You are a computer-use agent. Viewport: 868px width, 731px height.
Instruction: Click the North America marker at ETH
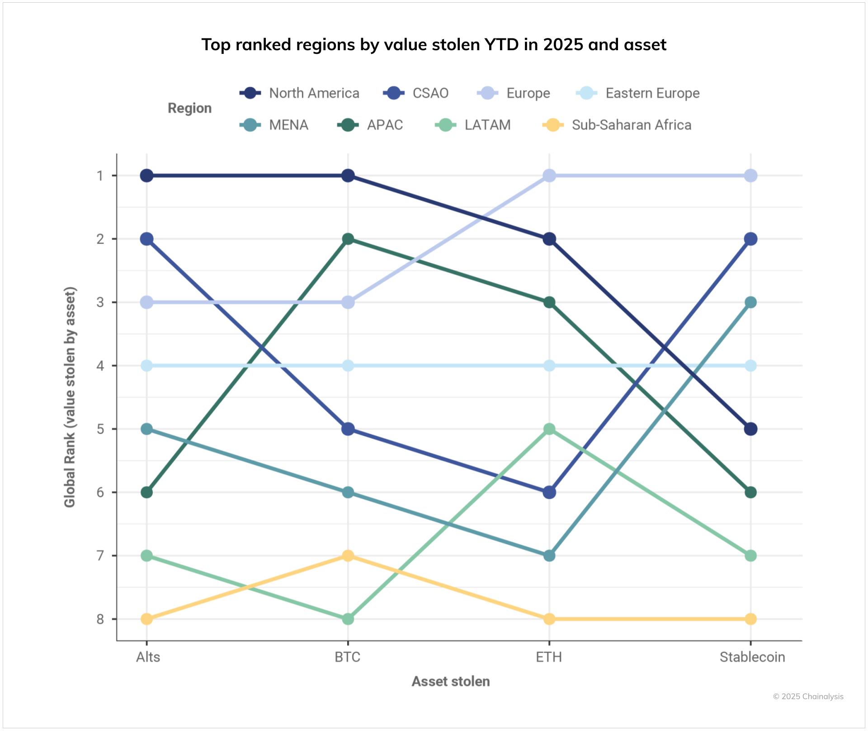click(x=549, y=239)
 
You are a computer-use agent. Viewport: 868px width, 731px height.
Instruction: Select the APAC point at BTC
click(x=348, y=239)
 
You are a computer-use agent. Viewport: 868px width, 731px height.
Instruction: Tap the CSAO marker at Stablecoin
click(x=750, y=239)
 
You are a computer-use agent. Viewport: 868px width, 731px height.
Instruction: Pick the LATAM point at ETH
click(x=549, y=429)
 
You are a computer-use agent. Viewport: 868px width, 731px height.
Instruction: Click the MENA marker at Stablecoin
click(x=750, y=302)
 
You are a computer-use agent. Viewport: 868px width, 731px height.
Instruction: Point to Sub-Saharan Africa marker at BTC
click(x=348, y=555)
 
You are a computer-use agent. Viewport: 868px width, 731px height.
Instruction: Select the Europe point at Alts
click(x=146, y=302)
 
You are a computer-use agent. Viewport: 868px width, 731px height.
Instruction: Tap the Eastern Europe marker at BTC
click(x=348, y=365)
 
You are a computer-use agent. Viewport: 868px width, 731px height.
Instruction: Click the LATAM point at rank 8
click(x=348, y=619)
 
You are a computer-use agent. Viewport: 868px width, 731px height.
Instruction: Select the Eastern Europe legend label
click(x=652, y=93)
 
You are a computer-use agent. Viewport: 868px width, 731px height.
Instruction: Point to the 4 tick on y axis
click(x=100, y=365)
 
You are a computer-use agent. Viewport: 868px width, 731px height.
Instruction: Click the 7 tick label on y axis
click(x=100, y=555)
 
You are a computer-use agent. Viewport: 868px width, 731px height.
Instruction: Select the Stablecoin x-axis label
click(x=752, y=657)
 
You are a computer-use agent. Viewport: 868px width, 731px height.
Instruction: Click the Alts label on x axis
click(x=148, y=657)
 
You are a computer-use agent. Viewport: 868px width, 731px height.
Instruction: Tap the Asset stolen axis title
click(x=450, y=681)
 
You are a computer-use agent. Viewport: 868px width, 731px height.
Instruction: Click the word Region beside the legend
click(x=189, y=108)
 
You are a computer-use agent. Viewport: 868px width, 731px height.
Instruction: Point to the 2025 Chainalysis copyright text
click(x=808, y=697)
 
